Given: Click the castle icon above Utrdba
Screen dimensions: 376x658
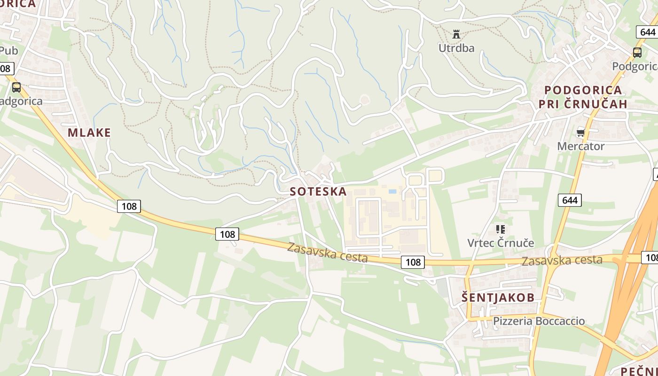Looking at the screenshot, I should tap(456, 34).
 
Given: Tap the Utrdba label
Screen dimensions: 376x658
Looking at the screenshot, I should tap(456, 48).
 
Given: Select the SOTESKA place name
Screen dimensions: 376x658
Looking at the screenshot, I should tap(318, 191).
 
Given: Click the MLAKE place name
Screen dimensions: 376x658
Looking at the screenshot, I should tap(89, 133).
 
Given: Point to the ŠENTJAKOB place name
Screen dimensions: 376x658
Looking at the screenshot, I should tap(498, 298).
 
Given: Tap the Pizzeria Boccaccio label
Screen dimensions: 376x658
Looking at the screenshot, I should tap(539, 321).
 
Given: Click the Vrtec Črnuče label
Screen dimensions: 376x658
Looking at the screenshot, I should tap(501, 243).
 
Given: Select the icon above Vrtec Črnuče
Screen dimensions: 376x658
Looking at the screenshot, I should tap(501, 229).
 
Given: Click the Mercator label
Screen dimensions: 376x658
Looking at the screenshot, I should tap(580, 146).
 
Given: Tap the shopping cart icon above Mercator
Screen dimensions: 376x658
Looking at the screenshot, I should tap(580, 133).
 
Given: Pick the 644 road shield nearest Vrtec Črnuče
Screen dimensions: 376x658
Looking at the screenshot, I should tap(570, 200).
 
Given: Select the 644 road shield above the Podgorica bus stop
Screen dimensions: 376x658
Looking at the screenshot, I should tap(647, 32).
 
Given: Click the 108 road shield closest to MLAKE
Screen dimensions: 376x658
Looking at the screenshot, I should tap(129, 206).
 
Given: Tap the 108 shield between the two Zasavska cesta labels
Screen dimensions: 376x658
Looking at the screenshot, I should tap(413, 262).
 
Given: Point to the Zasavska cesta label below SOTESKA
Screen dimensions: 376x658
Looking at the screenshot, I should tap(327, 252).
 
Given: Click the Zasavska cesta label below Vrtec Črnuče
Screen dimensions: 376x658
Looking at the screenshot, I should tap(562, 260).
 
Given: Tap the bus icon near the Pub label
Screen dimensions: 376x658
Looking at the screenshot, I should tap(16, 87).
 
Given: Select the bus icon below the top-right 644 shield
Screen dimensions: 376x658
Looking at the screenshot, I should tap(637, 53).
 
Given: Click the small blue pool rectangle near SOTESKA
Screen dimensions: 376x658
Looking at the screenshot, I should tap(392, 191).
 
